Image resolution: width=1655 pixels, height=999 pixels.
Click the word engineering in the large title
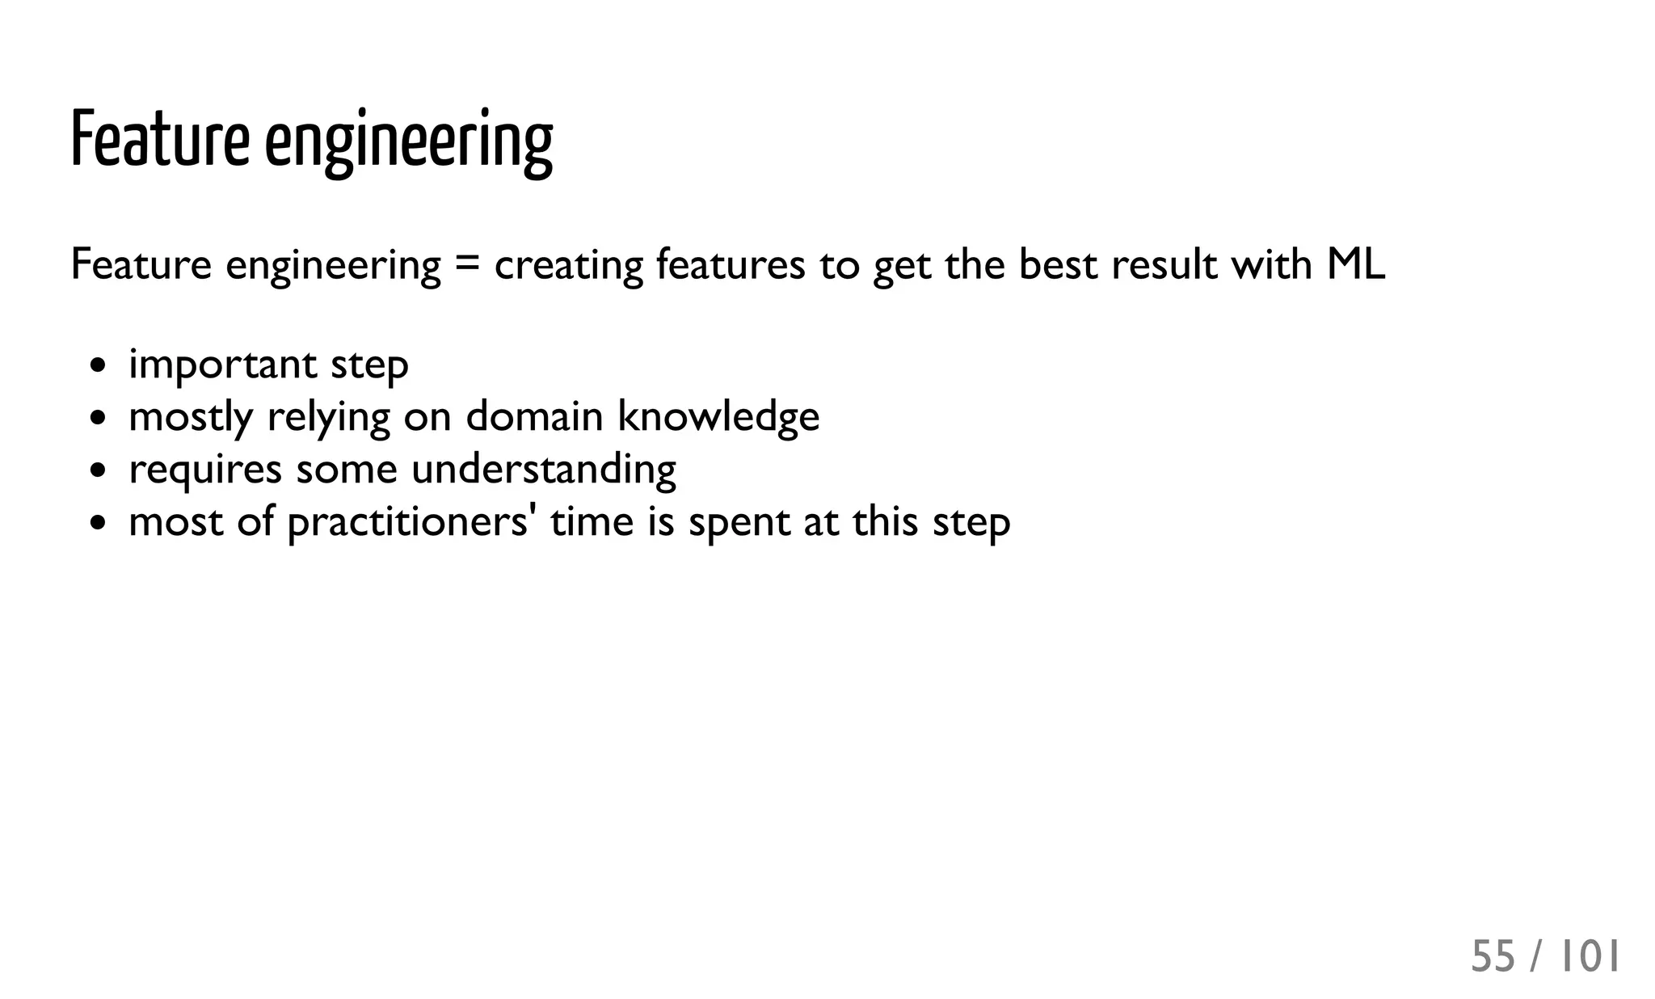pos(409,142)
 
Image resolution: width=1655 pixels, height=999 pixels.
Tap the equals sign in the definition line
pos(467,265)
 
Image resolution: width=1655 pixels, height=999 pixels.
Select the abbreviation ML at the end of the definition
pos(1355,264)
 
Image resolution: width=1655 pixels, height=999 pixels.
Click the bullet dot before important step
pos(98,365)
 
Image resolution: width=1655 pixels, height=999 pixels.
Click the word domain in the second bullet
pos(534,417)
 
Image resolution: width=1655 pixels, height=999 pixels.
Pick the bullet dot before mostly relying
pos(98,418)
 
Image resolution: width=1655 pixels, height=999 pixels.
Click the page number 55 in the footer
pos(1493,957)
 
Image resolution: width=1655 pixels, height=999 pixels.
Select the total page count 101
pos(1589,957)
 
